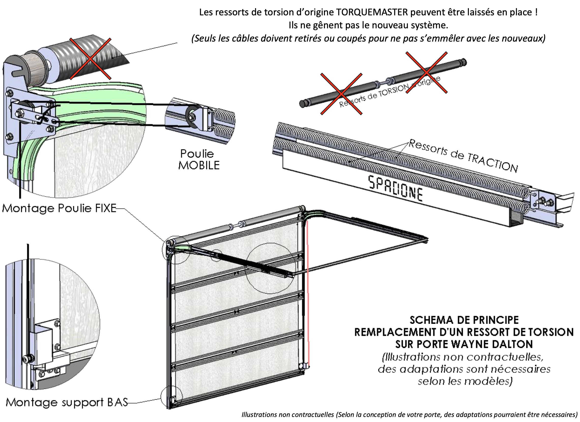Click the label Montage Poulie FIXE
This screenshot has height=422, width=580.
(59, 208)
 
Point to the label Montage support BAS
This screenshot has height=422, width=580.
(66, 402)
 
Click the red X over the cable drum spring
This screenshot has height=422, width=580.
(90, 59)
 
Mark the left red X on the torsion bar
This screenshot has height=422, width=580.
(341, 94)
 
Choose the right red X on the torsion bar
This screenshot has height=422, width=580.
(426, 73)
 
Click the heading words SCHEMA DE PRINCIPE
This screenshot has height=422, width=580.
(464, 320)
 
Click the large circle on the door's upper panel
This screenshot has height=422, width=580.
(271, 268)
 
